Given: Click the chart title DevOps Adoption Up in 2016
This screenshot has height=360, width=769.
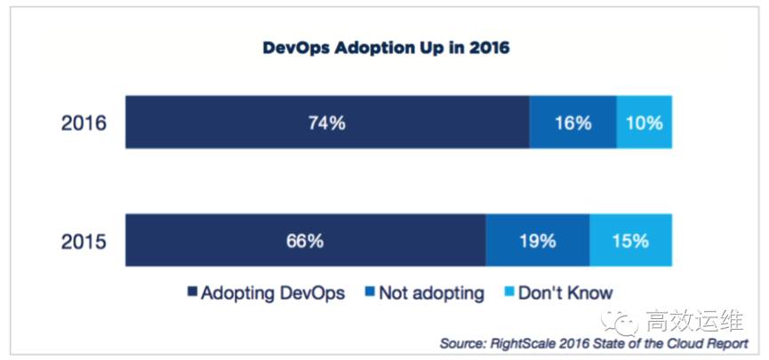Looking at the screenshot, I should point(386,47).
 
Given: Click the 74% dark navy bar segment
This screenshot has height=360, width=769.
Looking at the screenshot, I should point(326,123).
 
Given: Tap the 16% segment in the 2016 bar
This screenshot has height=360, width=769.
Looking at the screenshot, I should point(573,123).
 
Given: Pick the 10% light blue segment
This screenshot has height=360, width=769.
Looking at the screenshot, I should point(644,123).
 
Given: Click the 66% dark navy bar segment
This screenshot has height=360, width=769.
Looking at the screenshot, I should point(304,240).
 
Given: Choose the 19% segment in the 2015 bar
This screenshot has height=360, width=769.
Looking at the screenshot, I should point(537,240).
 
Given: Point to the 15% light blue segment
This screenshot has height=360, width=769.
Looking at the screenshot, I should point(629,240).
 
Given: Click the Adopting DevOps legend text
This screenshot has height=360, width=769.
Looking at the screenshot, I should point(266,292).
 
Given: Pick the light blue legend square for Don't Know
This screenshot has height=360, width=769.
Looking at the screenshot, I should point(509,292).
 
